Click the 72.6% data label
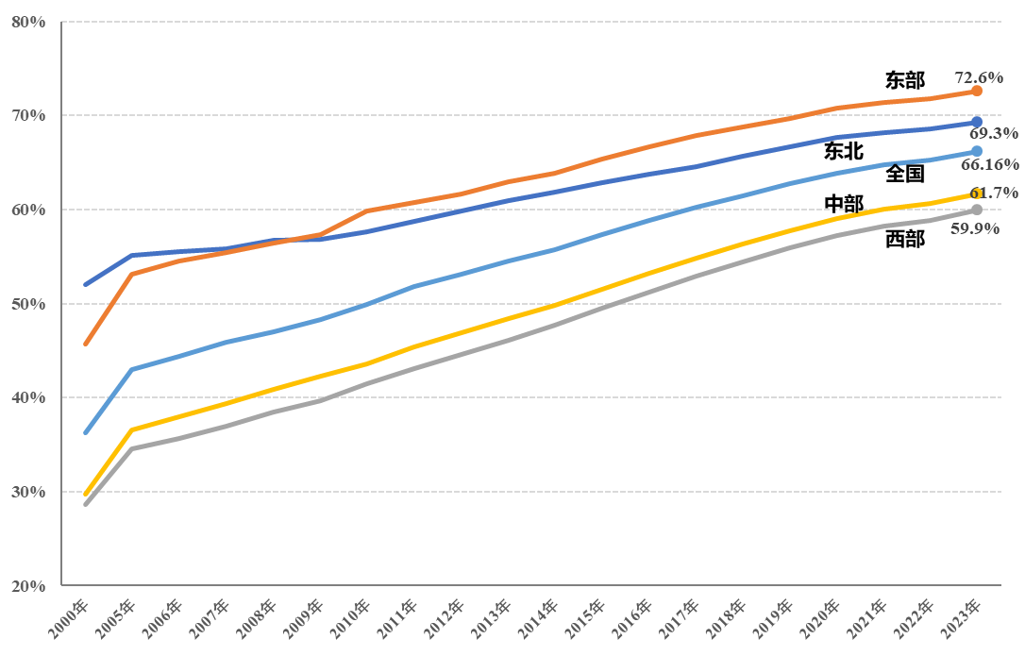[x=979, y=77]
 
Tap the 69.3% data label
[x=993, y=134]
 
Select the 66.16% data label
[x=989, y=165]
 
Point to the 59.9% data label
[x=975, y=228]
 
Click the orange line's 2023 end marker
[x=977, y=91]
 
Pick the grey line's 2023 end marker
[x=977, y=210]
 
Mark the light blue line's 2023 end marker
[x=977, y=151]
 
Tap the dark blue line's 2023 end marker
[x=977, y=122]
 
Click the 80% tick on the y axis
[x=28, y=22]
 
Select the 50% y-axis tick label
[x=28, y=304]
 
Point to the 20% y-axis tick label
[x=28, y=586]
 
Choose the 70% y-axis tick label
[x=28, y=115]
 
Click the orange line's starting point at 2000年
[x=86, y=344]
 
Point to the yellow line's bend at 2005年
[x=132, y=429]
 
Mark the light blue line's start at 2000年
[x=86, y=432]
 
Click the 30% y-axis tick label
[x=28, y=492]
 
